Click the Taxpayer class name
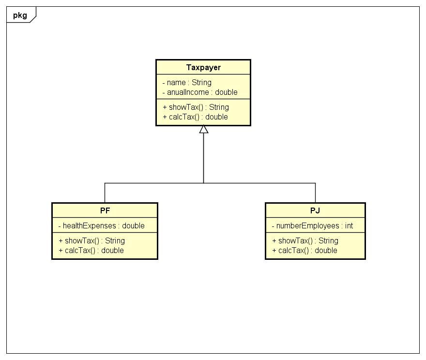tap(203, 67)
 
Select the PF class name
tap(105, 210)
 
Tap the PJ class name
tap(315, 210)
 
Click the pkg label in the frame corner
tap(20, 15)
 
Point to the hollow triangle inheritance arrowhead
tap(203, 129)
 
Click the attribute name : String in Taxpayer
tap(187, 83)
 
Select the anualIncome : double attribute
tap(200, 92)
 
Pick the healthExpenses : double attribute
tap(101, 226)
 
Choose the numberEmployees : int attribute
tap(312, 226)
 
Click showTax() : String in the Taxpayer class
tap(196, 107)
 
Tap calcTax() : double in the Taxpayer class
tap(195, 117)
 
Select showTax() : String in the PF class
tap(92, 241)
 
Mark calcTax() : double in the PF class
tap(91, 251)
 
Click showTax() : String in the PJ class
tap(305, 241)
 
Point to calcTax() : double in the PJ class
tap(304, 251)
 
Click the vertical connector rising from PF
tap(105, 193)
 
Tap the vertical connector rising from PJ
tap(315, 193)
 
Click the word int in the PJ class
tap(349, 226)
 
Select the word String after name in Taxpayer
tap(201, 83)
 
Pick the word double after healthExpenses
tap(133, 226)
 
